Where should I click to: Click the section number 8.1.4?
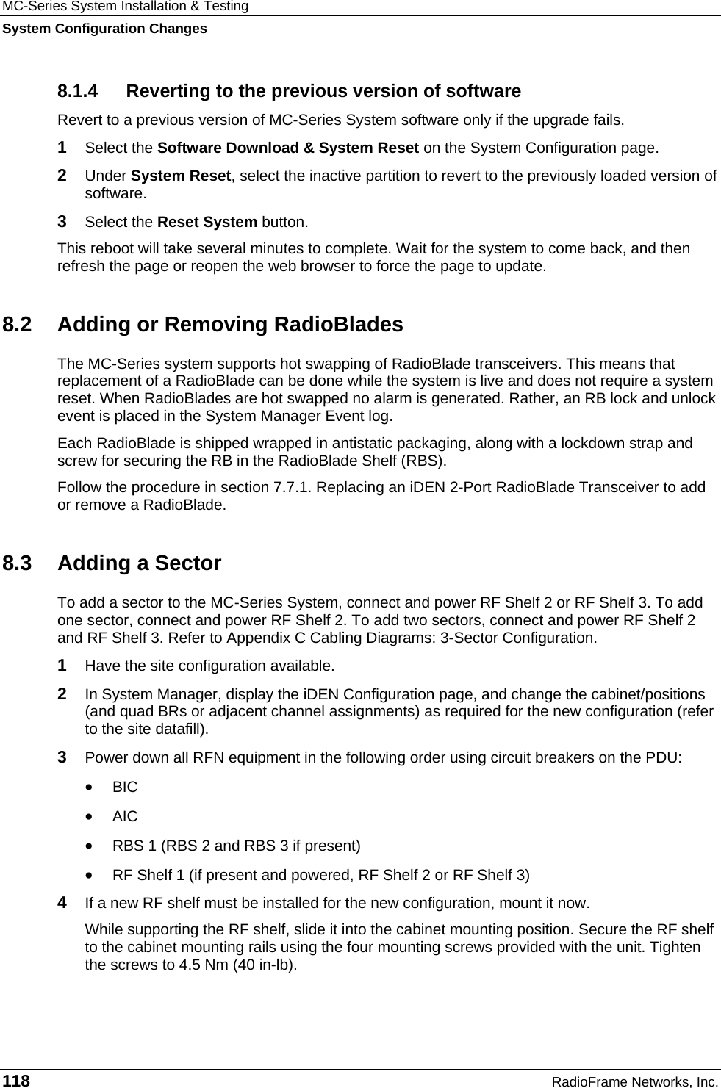[x=77, y=91]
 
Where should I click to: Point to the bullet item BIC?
[x=125, y=787]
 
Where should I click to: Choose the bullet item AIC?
[x=125, y=816]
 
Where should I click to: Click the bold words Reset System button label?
[x=207, y=221]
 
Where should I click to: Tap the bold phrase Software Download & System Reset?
[x=289, y=148]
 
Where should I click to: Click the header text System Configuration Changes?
[x=104, y=29]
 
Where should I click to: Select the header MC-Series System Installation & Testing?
[x=125, y=7]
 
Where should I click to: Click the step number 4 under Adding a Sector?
[x=62, y=901]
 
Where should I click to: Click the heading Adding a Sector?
[x=139, y=563]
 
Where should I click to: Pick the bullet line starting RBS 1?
[x=236, y=846]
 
